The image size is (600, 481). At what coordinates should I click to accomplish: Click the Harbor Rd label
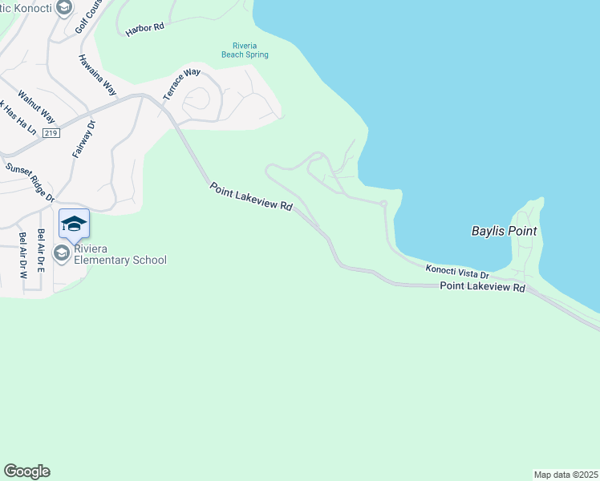tap(144, 28)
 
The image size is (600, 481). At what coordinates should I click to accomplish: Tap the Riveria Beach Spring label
tap(245, 50)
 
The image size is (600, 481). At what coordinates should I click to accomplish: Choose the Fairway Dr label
tap(83, 138)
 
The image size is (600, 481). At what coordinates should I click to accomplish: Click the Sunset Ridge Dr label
tap(30, 183)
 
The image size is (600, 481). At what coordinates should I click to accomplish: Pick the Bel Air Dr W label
tap(22, 254)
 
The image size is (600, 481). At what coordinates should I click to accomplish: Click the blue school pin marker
tap(74, 224)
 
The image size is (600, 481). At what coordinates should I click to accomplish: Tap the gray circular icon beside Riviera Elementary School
tap(61, 253)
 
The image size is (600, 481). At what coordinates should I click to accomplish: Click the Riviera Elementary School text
tap(120, 254)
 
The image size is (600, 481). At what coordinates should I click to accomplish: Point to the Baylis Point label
tap(503, 231)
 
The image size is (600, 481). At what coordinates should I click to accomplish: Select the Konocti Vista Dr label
tap(456, 273)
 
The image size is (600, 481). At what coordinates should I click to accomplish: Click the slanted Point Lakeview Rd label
tap(251, 197)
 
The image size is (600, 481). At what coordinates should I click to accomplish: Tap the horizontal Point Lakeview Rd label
tap(483, 286)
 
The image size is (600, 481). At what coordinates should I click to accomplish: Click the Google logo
tap(26, 471)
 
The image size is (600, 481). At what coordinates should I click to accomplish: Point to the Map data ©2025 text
tap(566, 475)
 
